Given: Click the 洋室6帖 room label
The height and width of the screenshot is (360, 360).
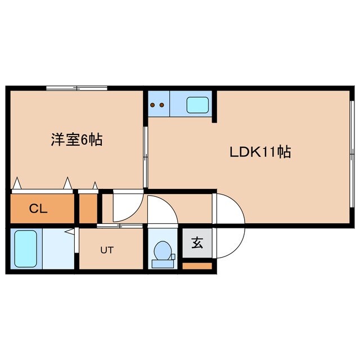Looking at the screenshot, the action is (x=76, y=139).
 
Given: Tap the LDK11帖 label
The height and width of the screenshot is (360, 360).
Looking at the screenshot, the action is (x=260, y=152).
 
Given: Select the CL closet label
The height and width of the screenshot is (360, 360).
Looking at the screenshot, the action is (x=38, y=209).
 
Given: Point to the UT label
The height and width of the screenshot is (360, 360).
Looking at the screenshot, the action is (x=107, y=250).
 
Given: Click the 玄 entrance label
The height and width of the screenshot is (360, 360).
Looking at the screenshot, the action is (x=197, y=242).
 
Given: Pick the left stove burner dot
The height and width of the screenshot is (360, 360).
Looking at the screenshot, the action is (x=152, y=105).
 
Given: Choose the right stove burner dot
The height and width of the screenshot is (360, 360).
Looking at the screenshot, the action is (x=161, y=105).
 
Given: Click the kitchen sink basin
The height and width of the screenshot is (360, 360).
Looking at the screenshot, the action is (x=197, y=105).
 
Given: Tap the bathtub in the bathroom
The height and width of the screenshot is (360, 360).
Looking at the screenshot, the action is (x=26, y=249).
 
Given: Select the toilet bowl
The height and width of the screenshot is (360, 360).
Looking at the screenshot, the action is (x=163, y=250).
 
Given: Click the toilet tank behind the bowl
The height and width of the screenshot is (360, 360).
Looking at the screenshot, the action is (x=163, y=264).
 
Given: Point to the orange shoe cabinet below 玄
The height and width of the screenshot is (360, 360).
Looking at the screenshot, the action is (x=197, y=266).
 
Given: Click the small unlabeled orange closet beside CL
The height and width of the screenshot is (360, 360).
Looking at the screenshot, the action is (x=88, y=209).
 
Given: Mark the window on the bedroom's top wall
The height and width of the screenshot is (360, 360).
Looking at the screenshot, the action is (x=76, y=88).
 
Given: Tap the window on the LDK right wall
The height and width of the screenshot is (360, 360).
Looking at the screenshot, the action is (x=352, y=154).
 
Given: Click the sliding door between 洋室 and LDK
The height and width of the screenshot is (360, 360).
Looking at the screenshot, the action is (x=145, y=157).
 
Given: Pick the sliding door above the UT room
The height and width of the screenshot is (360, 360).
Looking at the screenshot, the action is (x=119, y=226).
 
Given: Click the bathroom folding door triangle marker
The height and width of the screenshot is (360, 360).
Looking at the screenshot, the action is (x=70, y=232).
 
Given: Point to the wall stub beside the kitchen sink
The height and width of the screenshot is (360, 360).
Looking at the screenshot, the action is (x=214, y=106).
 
